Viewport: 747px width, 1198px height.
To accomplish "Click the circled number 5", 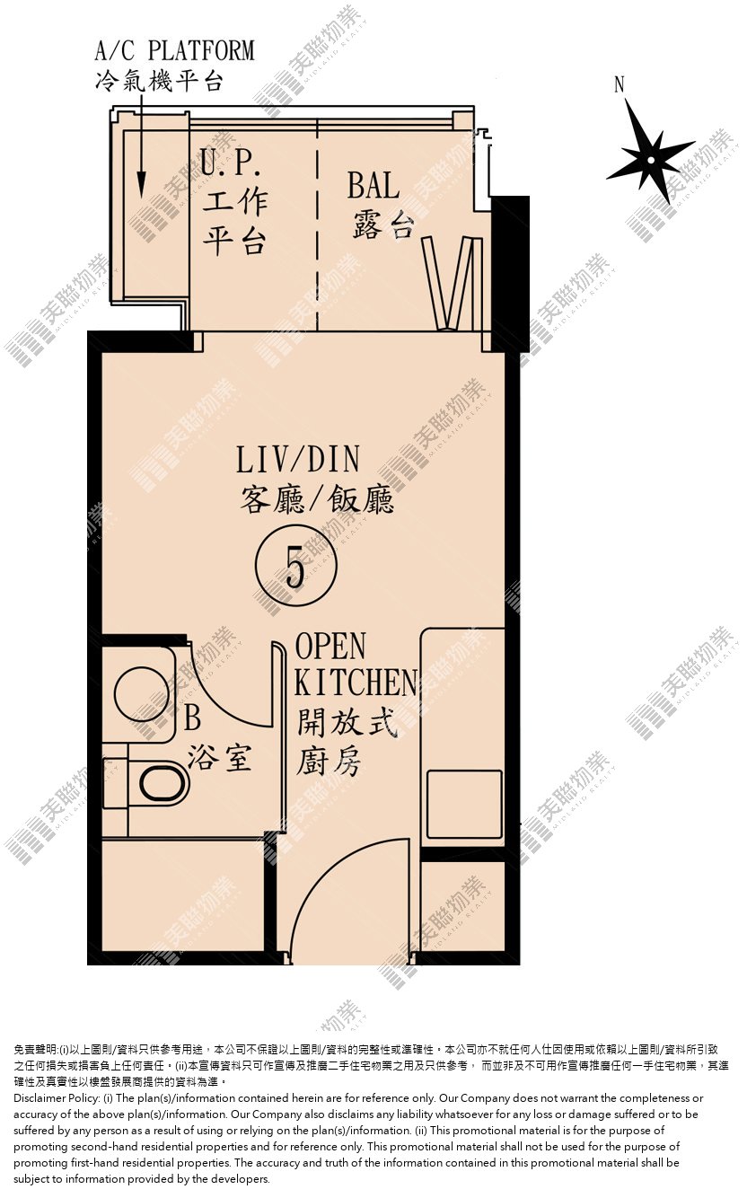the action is [295, 566].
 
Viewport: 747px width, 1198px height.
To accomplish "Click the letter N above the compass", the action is [620, 84].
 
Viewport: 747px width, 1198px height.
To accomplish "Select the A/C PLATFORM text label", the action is [175, 51].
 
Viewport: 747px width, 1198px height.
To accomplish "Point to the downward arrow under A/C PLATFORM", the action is [142, 145].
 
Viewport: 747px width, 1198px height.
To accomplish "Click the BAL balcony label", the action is [373, 185].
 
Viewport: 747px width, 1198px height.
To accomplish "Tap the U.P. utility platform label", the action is [231, 163].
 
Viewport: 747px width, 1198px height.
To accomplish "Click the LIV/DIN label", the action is [298, 460].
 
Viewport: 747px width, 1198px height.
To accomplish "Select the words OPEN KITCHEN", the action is [356, 664].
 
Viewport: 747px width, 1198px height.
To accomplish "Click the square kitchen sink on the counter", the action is [464, 805].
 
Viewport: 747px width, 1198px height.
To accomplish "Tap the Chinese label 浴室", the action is [219, 758].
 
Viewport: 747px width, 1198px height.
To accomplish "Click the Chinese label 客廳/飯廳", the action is [317, 499].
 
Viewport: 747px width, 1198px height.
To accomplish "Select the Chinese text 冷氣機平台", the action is [159, 81].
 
